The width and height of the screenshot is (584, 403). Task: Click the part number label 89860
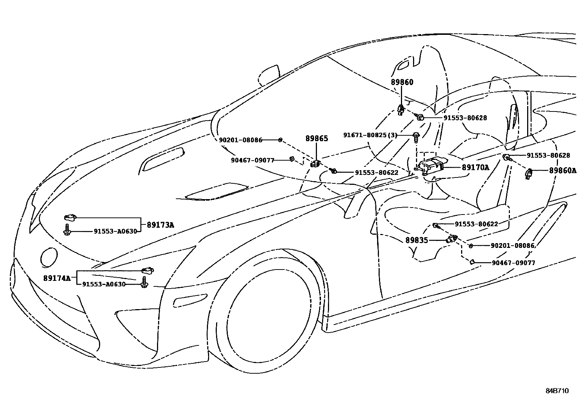click(402, 82)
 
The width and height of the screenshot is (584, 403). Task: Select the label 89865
click(317, 139)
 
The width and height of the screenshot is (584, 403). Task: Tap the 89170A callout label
click(475, 168)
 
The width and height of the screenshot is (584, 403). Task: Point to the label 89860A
click(562, 171)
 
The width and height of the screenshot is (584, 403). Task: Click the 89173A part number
click(160, 225)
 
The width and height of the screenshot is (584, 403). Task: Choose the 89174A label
click(56, 278)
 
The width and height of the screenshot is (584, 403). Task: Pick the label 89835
click(416, 240)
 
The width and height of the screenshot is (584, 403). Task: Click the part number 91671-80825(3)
click(370, 135)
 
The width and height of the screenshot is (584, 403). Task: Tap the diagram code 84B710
click(556, 391)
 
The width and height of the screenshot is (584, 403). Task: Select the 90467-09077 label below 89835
click(513, 263)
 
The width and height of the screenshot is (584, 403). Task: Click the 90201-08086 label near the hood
click(241, 140)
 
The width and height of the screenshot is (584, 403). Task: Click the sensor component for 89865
click(315, 164)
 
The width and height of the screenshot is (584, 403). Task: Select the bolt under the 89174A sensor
click(144, 283)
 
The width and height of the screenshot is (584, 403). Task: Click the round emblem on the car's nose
click(48, 257)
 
